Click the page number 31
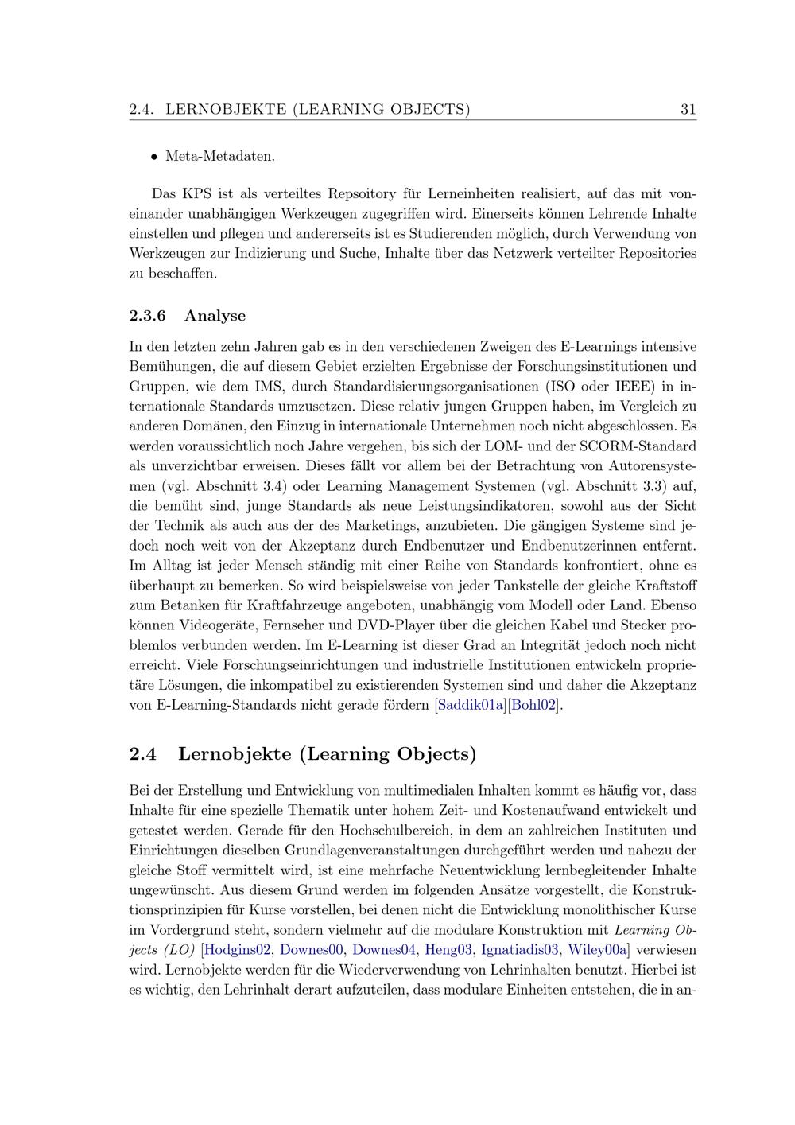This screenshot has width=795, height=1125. tap(688, 109)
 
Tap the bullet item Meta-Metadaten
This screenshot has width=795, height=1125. tap(220, 156)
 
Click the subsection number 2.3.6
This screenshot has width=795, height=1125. tap(148, 316)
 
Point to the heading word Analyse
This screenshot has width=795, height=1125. tap(215, 316)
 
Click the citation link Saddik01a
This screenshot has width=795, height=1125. tap(471, 705)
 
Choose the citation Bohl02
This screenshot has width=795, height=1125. tap(534, 705)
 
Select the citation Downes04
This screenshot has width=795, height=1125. tap(385, 949)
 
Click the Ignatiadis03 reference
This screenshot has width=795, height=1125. tap(520, 949)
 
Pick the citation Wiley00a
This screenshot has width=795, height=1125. tap(597, 949)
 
